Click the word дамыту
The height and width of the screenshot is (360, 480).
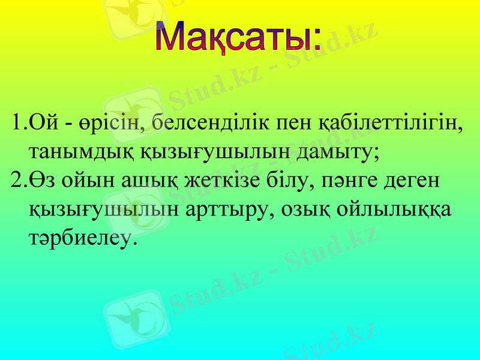tap(338, 152)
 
